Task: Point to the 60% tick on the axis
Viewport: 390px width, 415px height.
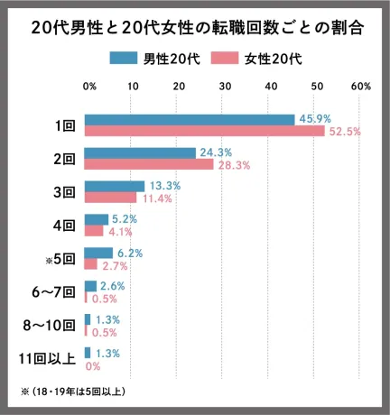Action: click(360, 87)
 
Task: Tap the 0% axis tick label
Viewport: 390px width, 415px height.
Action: click(89, 87)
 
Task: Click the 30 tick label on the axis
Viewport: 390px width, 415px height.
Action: click(224, 87)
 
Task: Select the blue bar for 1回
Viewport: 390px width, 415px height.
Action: click(190, 119)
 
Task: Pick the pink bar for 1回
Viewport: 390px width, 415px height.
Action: click(204, 131)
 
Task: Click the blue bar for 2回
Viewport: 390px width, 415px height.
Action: click(140, 152)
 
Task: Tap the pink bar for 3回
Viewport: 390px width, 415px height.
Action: click(110, 198)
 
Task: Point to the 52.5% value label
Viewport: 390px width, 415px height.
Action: click(344, 132)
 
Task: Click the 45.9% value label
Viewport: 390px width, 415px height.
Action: click(315, 119)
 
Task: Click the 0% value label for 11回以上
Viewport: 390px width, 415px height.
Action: click(92, 366)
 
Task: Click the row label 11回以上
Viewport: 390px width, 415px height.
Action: click(47, 359)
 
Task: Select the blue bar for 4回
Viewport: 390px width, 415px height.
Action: click(97, 219)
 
